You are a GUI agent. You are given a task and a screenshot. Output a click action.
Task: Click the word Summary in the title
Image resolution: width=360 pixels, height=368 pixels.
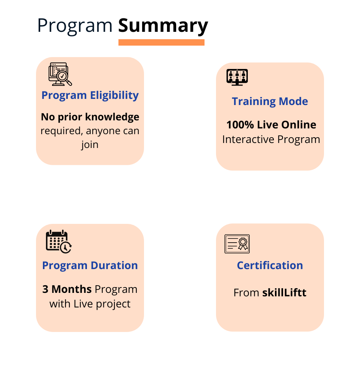point(163,26)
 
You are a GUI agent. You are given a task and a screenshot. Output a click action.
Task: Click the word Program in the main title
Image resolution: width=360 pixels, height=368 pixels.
point(75,26)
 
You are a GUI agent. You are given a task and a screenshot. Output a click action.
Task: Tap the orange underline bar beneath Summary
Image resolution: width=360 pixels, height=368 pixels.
point(161,42)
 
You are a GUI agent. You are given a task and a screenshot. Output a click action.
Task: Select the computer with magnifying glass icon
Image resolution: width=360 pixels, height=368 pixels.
point(60,74)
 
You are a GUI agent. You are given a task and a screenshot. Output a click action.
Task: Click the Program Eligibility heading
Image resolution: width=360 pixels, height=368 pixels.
point(90,95)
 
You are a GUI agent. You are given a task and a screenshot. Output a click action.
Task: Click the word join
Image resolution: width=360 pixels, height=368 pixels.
point(90,145)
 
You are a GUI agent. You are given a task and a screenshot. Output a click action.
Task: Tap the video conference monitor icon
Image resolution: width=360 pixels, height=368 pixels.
point(237,77)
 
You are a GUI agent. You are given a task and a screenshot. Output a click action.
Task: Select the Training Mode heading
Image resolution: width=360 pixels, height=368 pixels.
point(270,102)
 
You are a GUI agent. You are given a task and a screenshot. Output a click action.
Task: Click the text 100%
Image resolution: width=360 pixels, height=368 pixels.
point(240,125)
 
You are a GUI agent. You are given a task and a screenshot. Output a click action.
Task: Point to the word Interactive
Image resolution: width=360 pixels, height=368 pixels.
point(248,140)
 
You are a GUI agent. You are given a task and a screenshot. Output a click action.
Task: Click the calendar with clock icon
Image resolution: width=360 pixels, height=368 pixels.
point(59,242)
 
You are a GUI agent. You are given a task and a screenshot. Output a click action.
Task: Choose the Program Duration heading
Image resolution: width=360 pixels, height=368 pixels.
point(90,265)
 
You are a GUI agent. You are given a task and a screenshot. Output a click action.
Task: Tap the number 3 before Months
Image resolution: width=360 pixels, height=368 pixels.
point(45,289)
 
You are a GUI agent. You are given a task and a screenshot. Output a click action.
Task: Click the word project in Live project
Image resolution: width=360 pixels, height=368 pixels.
point(113,304)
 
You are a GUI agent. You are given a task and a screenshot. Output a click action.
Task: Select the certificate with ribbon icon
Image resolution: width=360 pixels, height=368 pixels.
point(237,244)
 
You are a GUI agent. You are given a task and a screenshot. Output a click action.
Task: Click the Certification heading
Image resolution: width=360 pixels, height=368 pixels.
point(270,265)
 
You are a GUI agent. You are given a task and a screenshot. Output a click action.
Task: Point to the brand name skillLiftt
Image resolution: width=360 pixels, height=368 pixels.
point(284,292)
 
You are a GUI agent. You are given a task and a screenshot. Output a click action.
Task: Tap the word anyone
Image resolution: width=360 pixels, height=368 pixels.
point(103,131)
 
